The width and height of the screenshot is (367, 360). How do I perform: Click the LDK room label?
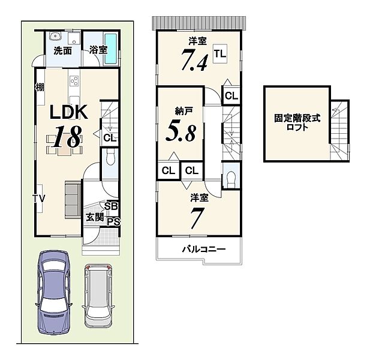68,112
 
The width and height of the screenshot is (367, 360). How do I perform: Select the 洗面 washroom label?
62,50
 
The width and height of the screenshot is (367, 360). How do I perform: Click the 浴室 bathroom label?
98,50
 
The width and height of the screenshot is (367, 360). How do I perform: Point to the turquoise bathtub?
110,49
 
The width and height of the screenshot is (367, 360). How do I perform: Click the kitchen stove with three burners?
74,81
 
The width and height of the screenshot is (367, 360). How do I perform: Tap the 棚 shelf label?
40,88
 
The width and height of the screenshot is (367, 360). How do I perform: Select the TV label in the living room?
38,199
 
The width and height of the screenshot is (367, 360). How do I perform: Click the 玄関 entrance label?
95,217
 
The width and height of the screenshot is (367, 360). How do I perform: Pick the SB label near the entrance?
111,206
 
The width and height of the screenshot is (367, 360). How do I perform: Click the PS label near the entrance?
113,221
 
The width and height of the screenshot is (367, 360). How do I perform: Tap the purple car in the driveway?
54,292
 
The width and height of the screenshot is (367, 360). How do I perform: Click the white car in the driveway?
98,296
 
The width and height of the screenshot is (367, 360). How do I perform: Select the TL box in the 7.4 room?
220,53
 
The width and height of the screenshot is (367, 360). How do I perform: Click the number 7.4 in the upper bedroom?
194,60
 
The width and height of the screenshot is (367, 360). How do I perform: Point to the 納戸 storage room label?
184,111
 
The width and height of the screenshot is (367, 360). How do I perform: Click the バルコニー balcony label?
204,249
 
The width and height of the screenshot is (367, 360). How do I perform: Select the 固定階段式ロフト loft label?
297,122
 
